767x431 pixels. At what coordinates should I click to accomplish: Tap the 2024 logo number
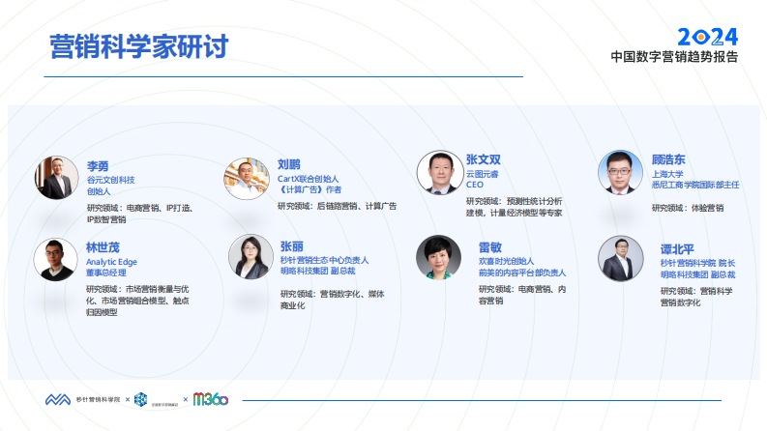pyautogui.click(x=706, y=37)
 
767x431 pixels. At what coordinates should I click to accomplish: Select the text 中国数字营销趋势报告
pyautogui.click(x=674, y=57)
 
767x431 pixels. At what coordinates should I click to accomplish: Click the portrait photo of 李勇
pyautogui.click(x=56, y=178)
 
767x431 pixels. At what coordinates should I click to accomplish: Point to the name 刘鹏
pyautogui.click(x=289, y=164)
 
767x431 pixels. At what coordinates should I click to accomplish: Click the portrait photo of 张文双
pyautogui.click(x=439, y=173)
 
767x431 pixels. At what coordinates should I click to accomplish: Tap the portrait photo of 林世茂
pyautogui.click(x=55, y=259)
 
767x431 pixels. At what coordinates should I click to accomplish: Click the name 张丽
pyautogui.click(x=291, y=246)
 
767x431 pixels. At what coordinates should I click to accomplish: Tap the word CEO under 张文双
pyautogui.click(x=474, y=185)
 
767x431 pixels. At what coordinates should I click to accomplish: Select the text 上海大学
pyautogui.click(x=667, y=173)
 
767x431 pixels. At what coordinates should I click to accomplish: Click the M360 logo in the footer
pyautogui.click(x=210, y=398)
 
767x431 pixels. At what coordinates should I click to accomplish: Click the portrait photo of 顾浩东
pyautogui.click(x=620, y=172)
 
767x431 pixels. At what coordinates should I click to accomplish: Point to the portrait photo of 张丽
pyautogui.click(x=251, y=256)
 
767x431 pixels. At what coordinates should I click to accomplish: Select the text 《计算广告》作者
pyautogui.click(x=310, y=190)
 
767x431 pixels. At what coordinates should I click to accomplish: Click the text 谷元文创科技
pyautogui.click(x=110, y=180)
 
